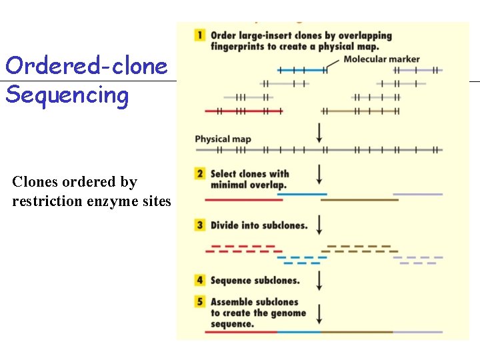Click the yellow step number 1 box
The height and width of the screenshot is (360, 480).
tap(200, 35)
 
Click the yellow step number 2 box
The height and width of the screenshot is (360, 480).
tap(200, 173)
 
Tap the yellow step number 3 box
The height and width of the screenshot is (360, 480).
tap(200, 225)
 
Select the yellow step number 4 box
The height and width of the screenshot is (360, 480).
tap(200, 281)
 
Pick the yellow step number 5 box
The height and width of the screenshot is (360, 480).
tap(200, 301)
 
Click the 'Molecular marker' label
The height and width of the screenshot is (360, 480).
tap(381, 59)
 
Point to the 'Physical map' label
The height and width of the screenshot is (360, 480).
tap(223, 139)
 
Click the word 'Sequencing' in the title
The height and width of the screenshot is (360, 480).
tap(67, 95)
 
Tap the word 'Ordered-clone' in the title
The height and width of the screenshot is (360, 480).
tap(86, 66)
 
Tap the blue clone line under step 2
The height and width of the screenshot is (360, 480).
tap(301, 194)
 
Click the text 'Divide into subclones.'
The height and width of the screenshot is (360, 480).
tap(259, 225)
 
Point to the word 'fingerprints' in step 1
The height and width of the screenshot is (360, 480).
tap(236, 46)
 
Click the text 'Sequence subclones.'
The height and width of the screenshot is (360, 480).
tap(255, 281)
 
